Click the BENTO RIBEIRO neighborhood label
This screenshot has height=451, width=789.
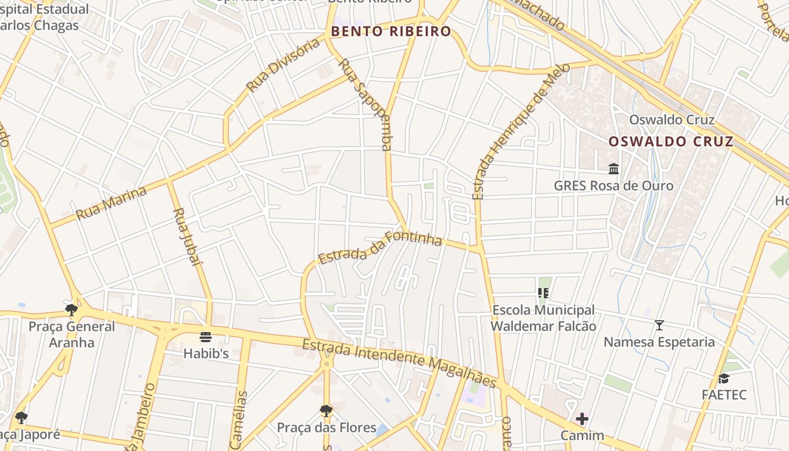391,32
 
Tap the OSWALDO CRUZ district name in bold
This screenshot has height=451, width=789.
671,142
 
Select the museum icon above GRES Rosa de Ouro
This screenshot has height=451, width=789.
614,169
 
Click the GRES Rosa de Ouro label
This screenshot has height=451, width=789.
613,185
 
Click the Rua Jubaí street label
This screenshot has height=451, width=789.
187,236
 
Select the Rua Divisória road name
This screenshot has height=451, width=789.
283,65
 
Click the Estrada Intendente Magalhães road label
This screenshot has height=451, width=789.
399,363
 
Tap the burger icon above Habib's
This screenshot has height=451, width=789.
206,337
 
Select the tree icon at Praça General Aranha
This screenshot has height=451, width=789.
72,309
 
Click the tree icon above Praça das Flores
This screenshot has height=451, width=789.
326,410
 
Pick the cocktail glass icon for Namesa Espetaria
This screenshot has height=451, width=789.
659,325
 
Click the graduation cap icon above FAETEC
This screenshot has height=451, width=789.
724,378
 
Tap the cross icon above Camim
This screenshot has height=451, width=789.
582,419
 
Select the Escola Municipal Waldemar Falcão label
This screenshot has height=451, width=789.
543,318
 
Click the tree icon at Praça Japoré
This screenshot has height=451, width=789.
21,418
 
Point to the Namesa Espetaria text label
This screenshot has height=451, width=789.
659,342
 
